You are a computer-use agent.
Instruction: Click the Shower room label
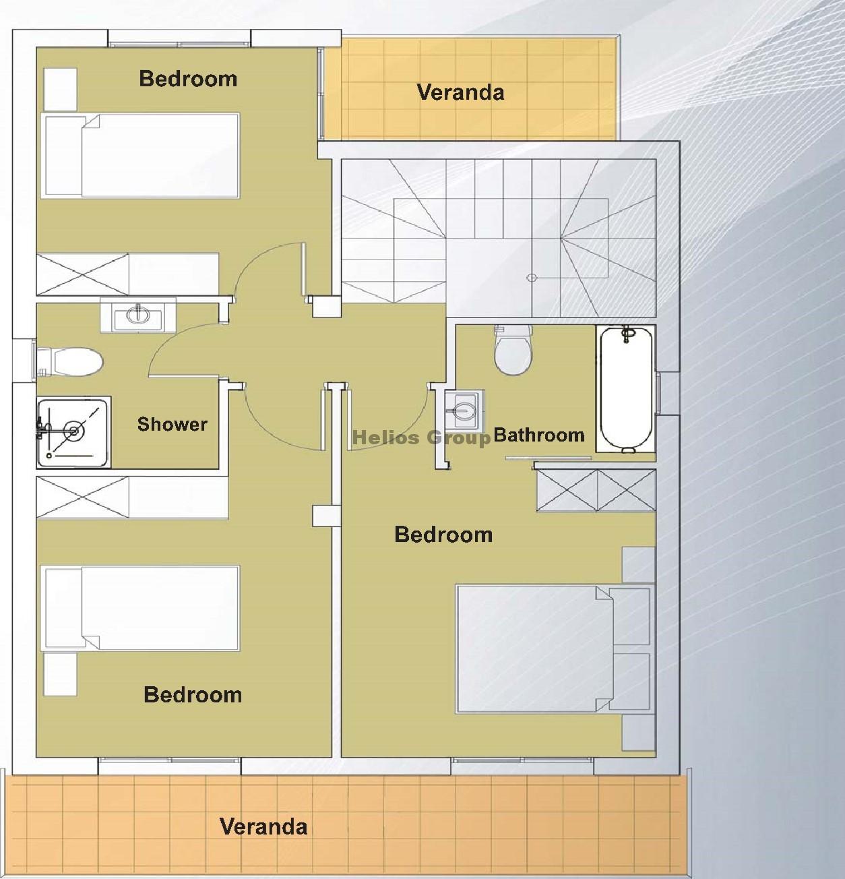[x=172, y=424]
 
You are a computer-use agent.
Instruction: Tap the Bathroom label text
[x=539, y=435]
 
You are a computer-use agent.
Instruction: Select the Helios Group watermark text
[x=421, y=437]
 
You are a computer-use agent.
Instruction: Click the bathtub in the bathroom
[x=626, y=389]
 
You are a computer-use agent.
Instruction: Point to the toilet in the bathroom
[x=513, y=350]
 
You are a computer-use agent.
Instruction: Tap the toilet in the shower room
[x=70, y=361]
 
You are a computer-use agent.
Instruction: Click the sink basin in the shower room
[x=137, y=315]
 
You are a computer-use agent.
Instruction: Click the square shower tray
[x=73, y=432]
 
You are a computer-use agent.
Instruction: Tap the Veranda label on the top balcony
[x=460, y=92]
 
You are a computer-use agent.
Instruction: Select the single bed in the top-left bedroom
[x=140, y=156]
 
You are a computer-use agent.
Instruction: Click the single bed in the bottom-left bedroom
[x=140, y=609]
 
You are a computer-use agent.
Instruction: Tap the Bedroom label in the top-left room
[x=188, y=79]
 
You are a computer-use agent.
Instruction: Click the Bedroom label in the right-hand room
[x=443, y=535]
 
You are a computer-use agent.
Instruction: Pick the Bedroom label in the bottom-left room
[x=193, y=695]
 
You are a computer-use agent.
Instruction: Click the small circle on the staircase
[x=532, y=278]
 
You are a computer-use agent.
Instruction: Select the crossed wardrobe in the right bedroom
[x=596, y=491]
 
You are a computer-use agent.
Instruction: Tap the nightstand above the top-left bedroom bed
[x=61, y=90]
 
